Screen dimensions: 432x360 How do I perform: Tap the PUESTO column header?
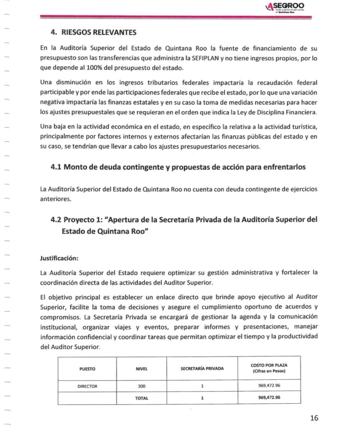point(87,369)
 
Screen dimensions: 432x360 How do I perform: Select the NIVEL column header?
point(141,369)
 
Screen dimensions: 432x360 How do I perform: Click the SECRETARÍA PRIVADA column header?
point(202,369)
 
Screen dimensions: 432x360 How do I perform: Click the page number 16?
point(313,418)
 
